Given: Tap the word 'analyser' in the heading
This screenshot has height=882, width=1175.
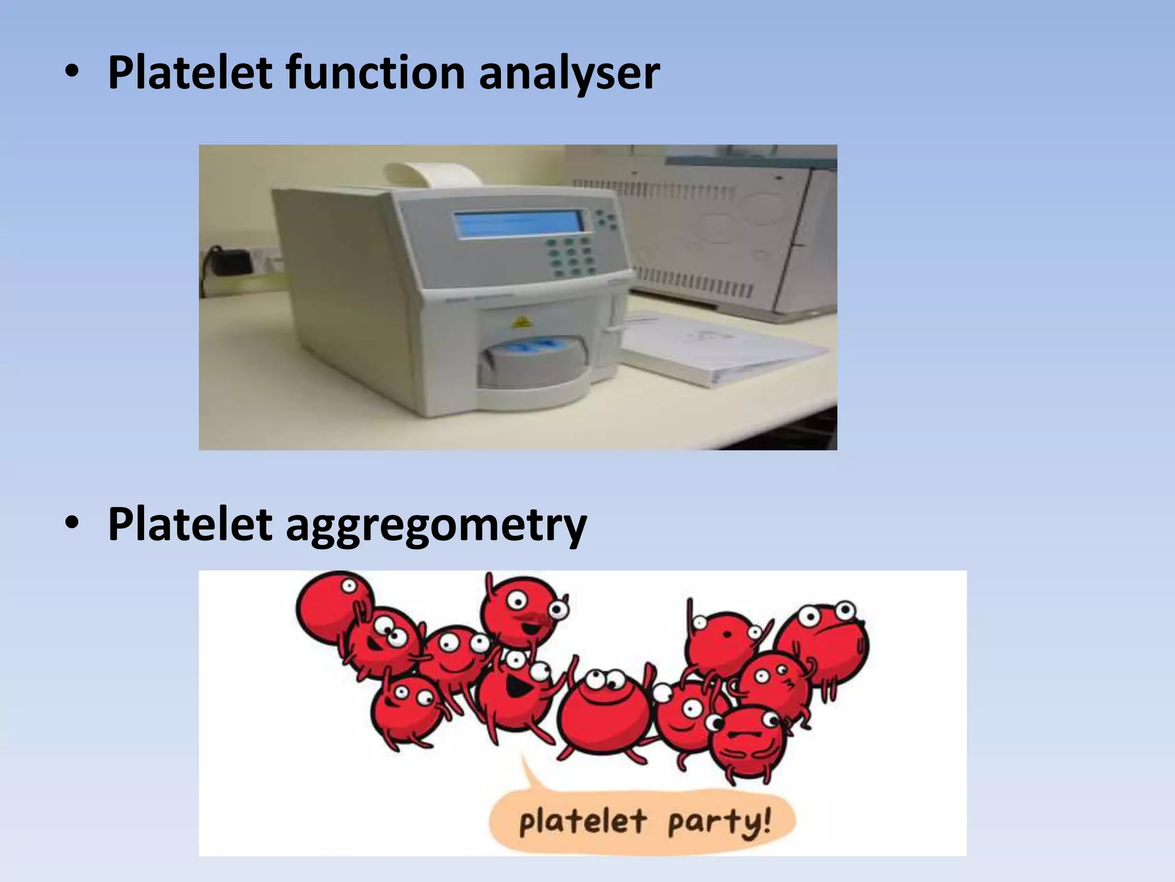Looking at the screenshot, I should coord(569,73).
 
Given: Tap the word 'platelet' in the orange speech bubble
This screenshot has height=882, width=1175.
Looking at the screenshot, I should coord(582,821).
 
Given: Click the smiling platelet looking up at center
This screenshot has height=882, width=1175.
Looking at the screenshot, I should coord(605,712).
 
